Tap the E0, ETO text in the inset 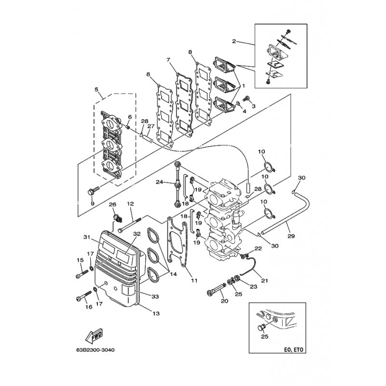(293, 349)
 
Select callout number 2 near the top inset (234, 41)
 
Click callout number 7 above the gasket (168, 60)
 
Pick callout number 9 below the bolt (93, 203)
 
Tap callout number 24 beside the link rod (159, 182)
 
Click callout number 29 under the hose (291, 236)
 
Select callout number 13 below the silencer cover (156, 313)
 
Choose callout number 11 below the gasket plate (194, 280)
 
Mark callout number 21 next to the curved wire (264, 280)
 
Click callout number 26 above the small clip (113, 205)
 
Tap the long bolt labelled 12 (130, 224)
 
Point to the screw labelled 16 (83, 295)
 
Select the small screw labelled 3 (246, 99)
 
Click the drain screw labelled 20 (217, 289)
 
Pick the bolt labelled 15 (82, 274)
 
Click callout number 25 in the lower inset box (265, 336)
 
